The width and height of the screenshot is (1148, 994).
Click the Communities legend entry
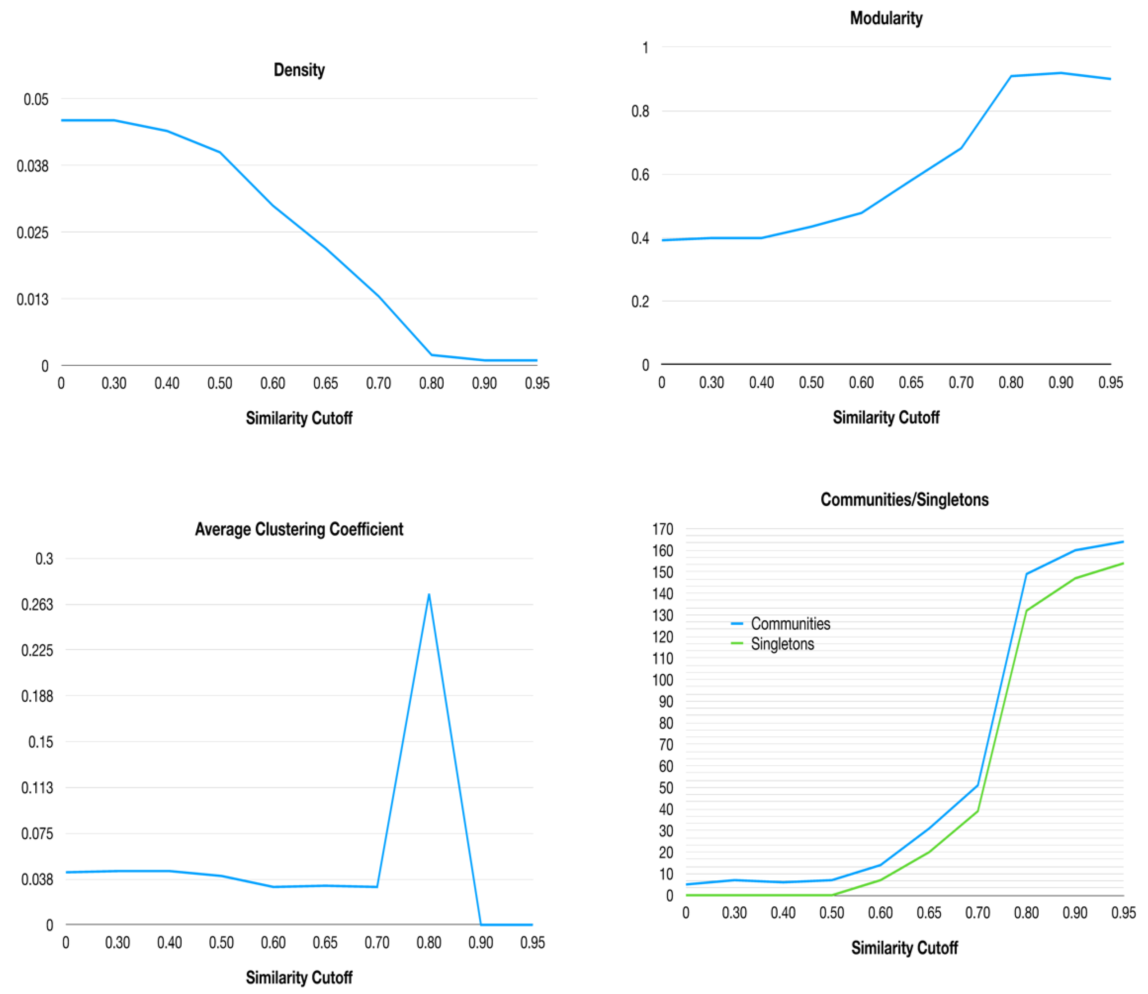click(790, 624)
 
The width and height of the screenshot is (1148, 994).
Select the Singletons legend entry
click(782, 644)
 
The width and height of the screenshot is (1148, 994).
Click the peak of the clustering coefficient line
click(429, 594)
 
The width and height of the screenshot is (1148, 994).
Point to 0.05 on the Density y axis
click(36, 99)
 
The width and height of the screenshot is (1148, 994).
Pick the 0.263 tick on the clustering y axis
click(37, 604)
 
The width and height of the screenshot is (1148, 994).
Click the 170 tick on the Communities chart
click(663, 529)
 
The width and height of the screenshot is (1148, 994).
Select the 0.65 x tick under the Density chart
click(325, 383)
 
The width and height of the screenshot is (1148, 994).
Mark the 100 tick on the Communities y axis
click(663, 680)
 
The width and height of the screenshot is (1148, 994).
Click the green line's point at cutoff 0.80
click(1026, 611)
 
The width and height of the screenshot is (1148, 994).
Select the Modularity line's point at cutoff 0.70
click(961, 148)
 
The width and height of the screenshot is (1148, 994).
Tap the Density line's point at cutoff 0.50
click(220, 152)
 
